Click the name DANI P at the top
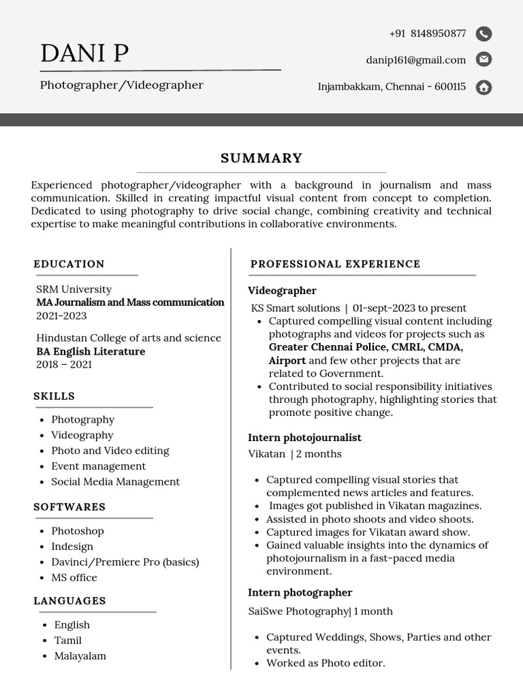tap(84, 53)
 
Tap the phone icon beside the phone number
tap(484, 34)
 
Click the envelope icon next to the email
tap(484, 60)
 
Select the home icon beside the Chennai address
tap(484, 87)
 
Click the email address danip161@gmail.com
tap(415, 60)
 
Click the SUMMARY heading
tap(261, 159)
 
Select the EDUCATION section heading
tap(69, 264)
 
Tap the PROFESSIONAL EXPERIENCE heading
tap(335, 264)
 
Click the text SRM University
tap(74, 289)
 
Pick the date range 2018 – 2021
tap(64, 364)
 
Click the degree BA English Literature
tap(91, 351)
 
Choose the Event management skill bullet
tap(98, 466)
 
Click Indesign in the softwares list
tap(72, 547)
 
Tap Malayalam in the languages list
tap(80, 656)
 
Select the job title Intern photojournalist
tap(304, 438)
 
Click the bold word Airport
tap(287, 361)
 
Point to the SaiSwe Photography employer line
tap(320, 611)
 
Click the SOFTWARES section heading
tap(69, 507)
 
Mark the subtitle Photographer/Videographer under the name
tap(121, 85)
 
